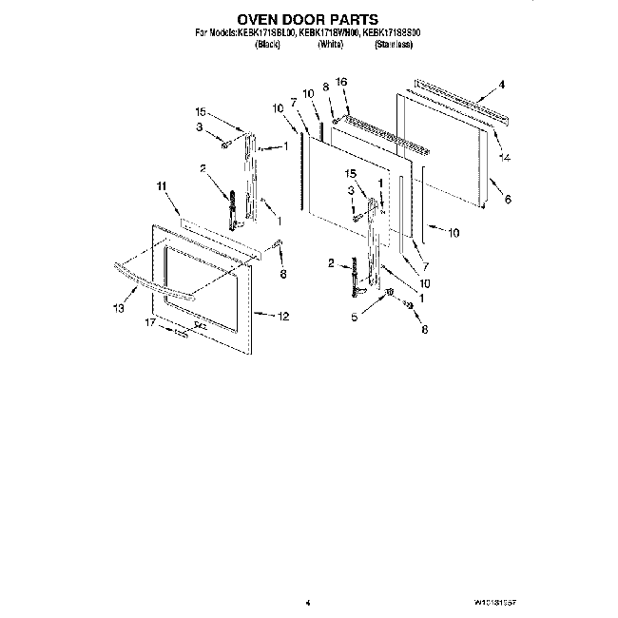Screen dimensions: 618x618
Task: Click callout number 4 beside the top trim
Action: coord(501,86)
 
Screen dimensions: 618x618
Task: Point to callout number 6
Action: coord(508,200)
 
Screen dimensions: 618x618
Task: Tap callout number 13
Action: coord(119,308)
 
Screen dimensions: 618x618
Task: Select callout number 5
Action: coord(355,318)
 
